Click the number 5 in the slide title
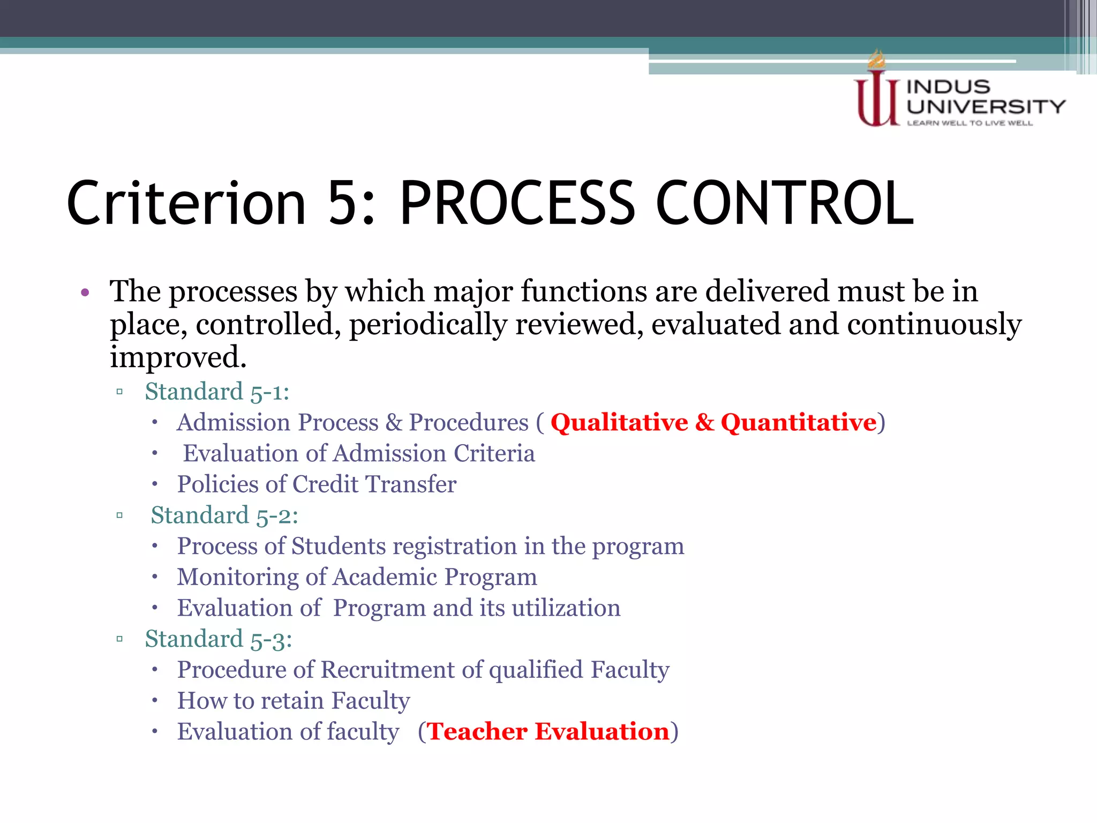[343, 204]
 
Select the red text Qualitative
[619, 423]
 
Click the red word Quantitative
[798, 423]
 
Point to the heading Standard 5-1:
[217, 392]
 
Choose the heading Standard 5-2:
[224, 515]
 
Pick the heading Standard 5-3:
[219, 639]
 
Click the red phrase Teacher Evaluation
[548, 732]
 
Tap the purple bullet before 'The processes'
[85, 293]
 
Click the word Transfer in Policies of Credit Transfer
[411, 484]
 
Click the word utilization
[566, 608]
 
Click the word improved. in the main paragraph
[178, 358]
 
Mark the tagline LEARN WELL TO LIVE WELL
[970, 123]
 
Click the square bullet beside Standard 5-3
[119, 639]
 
